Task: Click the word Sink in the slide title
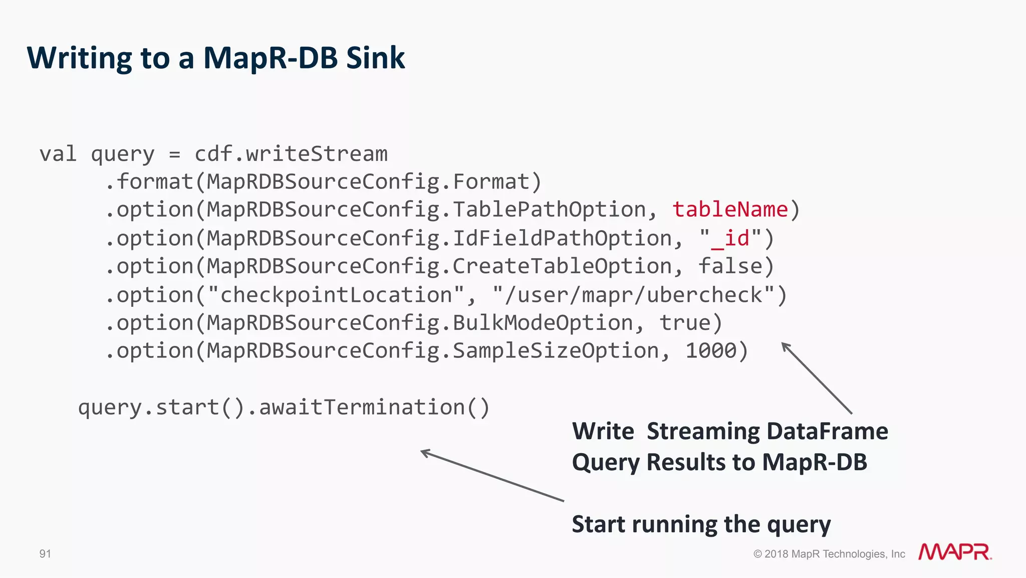click(x=375, y=58)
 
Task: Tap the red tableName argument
click(x=730, y=210)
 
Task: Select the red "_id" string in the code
click(x=730, y=239)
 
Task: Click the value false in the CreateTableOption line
click(x=730, y=266)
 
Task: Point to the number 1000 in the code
click(x=710, y=351)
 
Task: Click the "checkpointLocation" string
click(x=336, y=295)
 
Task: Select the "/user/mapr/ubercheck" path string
click(x=634, y=295)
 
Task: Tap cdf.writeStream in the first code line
click(x=291, y=154)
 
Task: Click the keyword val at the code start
click(x=58, y=154)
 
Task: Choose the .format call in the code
click(x=149, y=181)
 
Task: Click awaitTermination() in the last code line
click(x=374, y=407)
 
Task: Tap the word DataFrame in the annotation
click(x=827, y=432)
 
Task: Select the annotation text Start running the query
click(x=701, y=524)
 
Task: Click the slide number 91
click(x=45, y=554)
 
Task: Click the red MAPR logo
click(x=954, y=552)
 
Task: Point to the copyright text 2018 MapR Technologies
click(x=830, y=554)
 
